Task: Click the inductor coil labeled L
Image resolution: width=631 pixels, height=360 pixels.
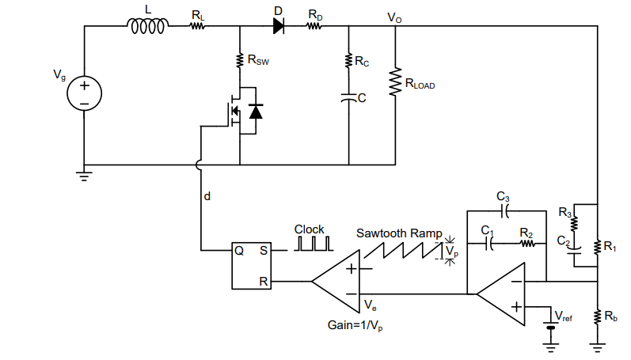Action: [147, 27]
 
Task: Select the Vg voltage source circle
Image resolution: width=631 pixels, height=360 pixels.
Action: [84, 93]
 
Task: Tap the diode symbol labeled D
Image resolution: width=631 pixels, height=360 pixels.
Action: [279, 26]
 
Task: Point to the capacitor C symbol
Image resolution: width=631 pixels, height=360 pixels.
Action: [348, 98]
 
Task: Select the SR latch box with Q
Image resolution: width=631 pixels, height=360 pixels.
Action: [251, 266]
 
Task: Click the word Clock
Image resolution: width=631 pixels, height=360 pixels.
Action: [310, 229]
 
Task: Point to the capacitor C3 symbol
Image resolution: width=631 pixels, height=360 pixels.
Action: [504, 211]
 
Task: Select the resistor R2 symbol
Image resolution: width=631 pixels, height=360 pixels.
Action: [528, 244]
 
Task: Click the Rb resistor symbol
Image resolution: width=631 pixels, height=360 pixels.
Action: [597, 316]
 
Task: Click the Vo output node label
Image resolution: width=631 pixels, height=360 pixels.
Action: [393, 17]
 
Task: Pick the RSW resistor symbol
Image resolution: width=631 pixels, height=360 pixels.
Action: [238, 60]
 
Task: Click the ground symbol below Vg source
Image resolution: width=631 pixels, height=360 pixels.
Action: [84, 175]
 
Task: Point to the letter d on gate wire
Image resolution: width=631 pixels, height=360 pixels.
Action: [207, 195]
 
